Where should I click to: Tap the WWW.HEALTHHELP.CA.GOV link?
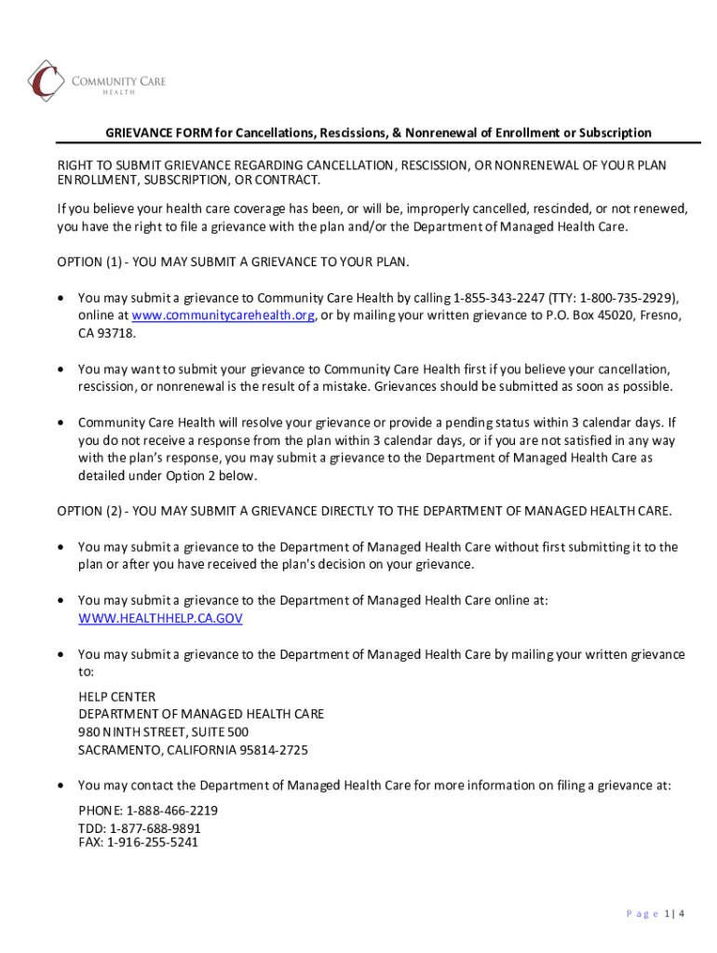160,618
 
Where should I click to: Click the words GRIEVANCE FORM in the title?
157,133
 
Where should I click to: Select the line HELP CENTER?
117,697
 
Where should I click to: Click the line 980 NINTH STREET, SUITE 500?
163,732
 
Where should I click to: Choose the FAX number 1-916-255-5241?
153,843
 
